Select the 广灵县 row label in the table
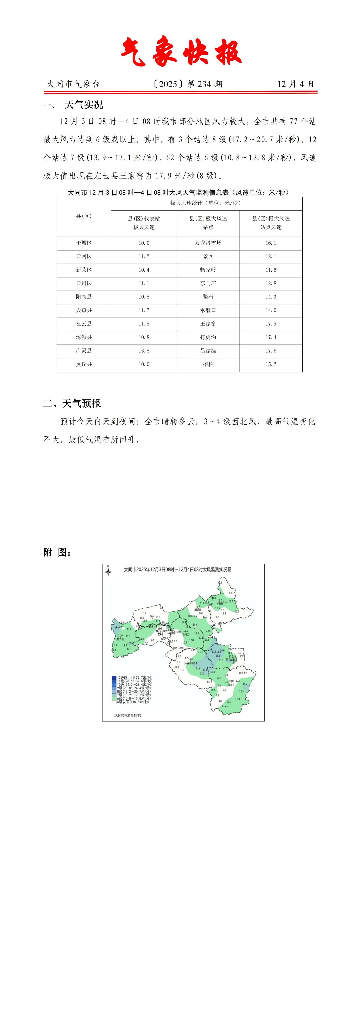pos(84,350)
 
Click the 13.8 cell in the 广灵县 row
pos(144,350)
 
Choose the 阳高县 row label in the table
pos(84,297)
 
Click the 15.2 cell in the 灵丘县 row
pos(271,364)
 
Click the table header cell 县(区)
pos(84,216)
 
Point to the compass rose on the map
pos(108,571)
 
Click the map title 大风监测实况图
pos(178,570)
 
